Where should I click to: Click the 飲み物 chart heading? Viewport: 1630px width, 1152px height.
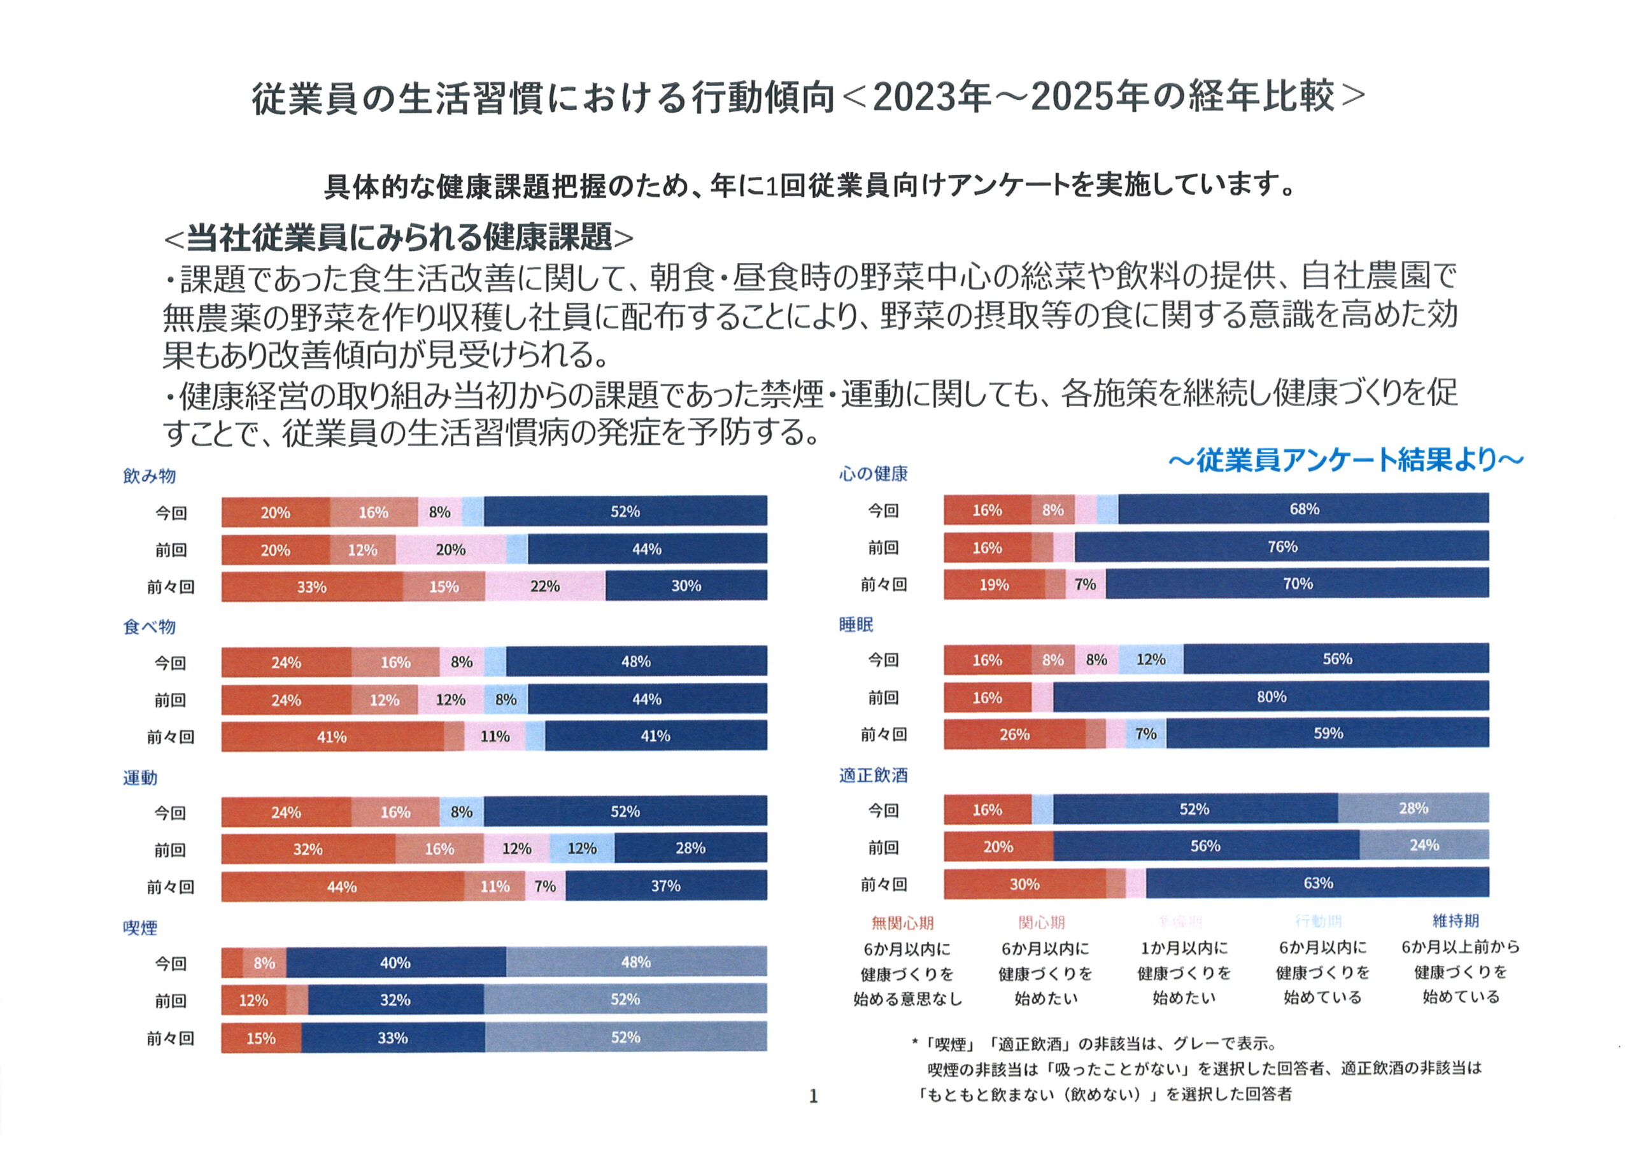[149, 475]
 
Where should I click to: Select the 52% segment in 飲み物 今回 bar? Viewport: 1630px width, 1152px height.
[625, 511]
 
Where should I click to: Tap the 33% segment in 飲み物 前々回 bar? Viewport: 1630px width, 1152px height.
[311, 586]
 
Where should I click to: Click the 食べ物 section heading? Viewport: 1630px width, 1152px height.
[149, 627]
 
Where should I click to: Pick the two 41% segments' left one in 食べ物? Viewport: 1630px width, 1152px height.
[332, 737]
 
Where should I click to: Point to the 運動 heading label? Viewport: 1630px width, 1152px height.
[140, 778]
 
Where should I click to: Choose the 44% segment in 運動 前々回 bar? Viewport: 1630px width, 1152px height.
[341, 887]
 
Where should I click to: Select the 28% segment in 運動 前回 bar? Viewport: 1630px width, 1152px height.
[690, 848]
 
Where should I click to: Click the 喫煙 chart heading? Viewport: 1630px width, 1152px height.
[140, 928]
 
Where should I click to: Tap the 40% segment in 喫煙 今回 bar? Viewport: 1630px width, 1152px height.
[395, 962]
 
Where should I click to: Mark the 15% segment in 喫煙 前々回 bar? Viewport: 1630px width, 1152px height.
[260, 1037]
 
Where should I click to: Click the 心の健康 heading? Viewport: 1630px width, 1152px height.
[873, 474]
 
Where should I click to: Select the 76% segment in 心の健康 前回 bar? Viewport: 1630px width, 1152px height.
[1282, 547]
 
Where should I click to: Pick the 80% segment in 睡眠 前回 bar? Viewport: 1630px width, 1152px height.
[1271, 697]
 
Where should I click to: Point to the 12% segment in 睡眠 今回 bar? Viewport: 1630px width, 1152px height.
[1151, 659]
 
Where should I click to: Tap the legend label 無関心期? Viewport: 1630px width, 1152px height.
[902, 923]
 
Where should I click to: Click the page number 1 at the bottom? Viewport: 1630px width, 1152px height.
[814, 1097]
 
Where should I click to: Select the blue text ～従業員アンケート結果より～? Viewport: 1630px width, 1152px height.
[1345, 460]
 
